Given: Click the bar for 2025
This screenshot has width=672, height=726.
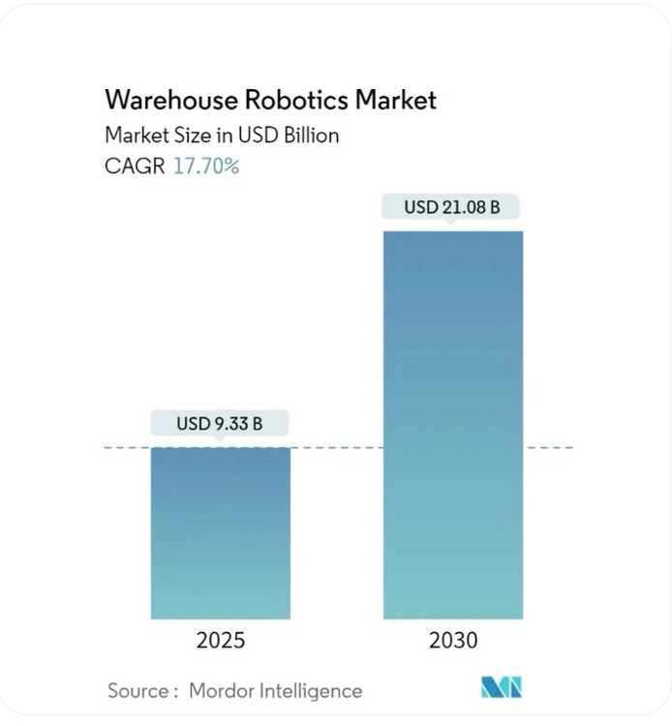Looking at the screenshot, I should pos(220,532).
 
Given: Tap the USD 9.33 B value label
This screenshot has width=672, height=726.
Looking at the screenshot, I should pos(220,423).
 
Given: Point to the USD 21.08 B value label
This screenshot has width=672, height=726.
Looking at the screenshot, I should pos(452,207).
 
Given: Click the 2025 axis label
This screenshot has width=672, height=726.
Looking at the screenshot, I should pos(220,641).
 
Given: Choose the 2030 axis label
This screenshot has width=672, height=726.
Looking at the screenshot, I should pos(453,641).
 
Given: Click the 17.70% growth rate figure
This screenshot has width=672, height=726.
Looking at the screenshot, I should pos(206,166).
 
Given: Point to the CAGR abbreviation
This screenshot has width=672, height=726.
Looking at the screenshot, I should pos(135,166).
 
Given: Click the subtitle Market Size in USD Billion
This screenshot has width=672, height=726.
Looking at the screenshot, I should pos(222,136).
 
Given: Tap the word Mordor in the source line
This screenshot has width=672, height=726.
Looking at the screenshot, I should pos(223,690).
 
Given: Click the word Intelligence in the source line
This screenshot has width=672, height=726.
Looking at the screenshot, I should pos(311,690).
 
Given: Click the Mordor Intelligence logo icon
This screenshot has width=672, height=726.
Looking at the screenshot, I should pos(501,688).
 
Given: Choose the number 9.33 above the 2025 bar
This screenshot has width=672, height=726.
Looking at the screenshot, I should pos(230,423).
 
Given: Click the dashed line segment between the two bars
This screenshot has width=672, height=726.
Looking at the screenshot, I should pos(336,448).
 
